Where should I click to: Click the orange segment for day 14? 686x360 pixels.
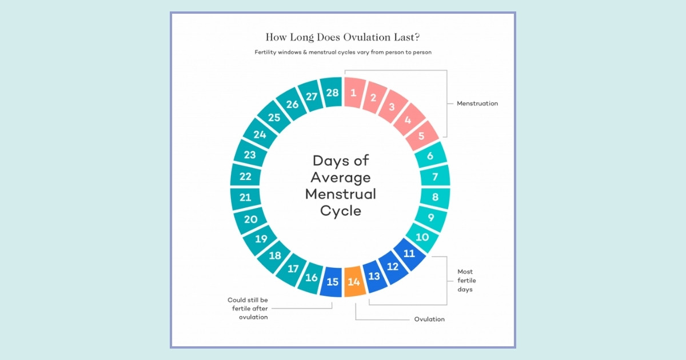(354, 281)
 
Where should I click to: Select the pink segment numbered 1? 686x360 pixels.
(354, 92)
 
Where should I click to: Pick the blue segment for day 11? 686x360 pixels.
(409, 254)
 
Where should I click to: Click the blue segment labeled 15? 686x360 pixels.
(332, 281)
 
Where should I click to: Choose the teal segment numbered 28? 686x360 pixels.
(331, 92)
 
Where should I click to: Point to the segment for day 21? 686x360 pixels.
(245, 198)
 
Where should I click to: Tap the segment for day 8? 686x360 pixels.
(435, 198)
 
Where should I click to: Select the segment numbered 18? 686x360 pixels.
(275, 255)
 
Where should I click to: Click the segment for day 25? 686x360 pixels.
(274, 118)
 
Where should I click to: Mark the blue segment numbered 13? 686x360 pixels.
(374, 277)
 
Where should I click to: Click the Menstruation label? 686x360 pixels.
(477, 103)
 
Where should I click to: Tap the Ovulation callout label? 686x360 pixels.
(429, 319)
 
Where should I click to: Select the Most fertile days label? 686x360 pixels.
(466, 281)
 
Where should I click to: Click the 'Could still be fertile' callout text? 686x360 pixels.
(247, 308)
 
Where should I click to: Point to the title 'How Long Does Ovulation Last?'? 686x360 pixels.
(342, 37)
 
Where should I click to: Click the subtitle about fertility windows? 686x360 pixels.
(342, 52)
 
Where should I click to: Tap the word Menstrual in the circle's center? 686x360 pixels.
(341, 194)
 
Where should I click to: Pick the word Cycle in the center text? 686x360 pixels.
(341, 211)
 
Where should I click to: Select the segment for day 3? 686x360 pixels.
(392, 107)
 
